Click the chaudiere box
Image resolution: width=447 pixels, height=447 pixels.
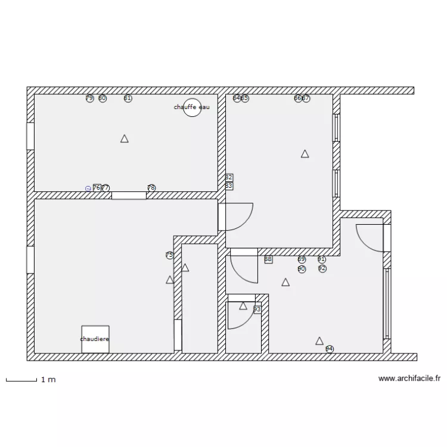click(x=95, y=339)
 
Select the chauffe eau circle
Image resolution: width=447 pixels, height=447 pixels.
click(x=192, y=107)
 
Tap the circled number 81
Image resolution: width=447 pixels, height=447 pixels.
click(x=128, y=98)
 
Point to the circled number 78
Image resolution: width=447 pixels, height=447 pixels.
click(x=151, y=188)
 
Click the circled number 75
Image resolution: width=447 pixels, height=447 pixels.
click(x=169, y=255)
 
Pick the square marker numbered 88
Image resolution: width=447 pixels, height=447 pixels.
click(x=268, y=259)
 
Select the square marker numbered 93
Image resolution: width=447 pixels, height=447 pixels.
click(x=257, y=309)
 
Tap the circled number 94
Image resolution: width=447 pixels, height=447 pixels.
click(x=330, y=349)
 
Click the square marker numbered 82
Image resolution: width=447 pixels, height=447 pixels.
click(x=229, y=178)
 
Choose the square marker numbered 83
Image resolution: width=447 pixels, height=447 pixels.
click(x=229, y=186)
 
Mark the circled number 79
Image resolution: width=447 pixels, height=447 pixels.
click(x=89, y=98)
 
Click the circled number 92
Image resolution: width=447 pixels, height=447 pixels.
click(x=322, y=269)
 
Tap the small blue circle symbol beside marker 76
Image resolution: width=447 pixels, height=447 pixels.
click(x=88, y=188)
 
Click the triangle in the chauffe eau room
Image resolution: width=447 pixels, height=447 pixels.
click(x=125, y=139)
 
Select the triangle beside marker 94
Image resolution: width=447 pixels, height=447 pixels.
click(x=319, y=341)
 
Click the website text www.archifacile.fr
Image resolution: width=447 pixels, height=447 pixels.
click(x=409, y=378)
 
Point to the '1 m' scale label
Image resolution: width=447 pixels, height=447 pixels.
click(x=48, y=379)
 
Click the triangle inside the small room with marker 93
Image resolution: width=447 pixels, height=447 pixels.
click(x=243, y=306)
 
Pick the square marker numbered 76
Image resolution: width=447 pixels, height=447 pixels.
click(x=97, y=188)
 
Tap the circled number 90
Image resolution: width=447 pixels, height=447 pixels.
click(x=302, y=269)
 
